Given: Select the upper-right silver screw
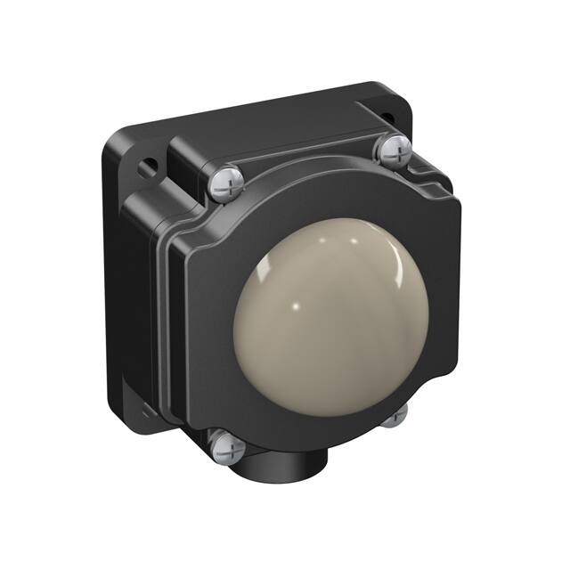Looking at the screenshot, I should (x=393, y=151).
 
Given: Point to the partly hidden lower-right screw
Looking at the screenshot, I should (x=396, y=413).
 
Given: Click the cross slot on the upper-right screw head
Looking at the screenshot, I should (x=393, y=151).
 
